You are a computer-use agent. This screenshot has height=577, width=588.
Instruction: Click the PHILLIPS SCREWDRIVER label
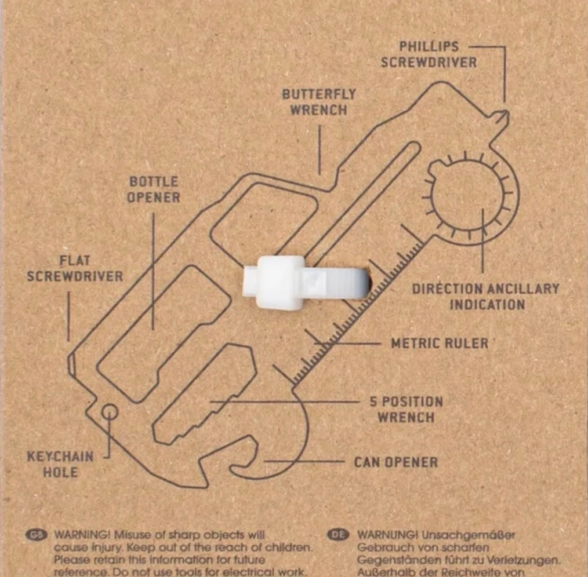pyautogui.click(x=429, y=54)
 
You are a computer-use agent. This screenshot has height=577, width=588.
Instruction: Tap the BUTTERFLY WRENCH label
pyautogui.click(x=318, y=101)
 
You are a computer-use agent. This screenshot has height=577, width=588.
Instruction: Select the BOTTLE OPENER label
pyautogui.click(x=154, y=189)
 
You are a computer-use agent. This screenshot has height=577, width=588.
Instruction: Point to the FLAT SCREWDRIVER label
pyautogui.click(x=75, y=269)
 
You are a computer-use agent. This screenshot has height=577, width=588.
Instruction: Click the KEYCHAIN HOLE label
pyautogui.click(x=60, y=463)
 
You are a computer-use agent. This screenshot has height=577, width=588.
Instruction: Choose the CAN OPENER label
pyautogui.click(x=395, y=462)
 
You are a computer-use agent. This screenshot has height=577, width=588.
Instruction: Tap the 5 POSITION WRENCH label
pyautogui.click(x=406, y=409)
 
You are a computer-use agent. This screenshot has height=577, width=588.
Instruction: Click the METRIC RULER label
pyautogui.click(x=440, y=343)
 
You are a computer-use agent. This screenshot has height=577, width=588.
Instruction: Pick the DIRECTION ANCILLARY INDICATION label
pyautogui.click(x=485, y=296)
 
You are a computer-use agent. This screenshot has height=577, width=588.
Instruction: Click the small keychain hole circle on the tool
pyautogui.click(x=110, y=412)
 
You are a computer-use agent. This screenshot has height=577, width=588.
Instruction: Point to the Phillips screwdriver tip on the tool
pyautogui.click(x=503, y=115)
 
